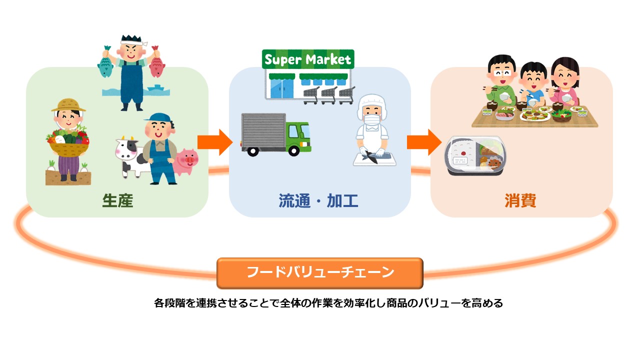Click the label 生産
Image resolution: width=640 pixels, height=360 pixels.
tap(117, 200)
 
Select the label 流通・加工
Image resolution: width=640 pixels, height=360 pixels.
tap(318, 200)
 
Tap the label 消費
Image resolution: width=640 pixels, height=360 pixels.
tap(520, 200)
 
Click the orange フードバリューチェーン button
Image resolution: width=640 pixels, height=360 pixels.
tap(320, 273)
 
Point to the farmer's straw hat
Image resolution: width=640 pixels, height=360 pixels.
tap(68, 104)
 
